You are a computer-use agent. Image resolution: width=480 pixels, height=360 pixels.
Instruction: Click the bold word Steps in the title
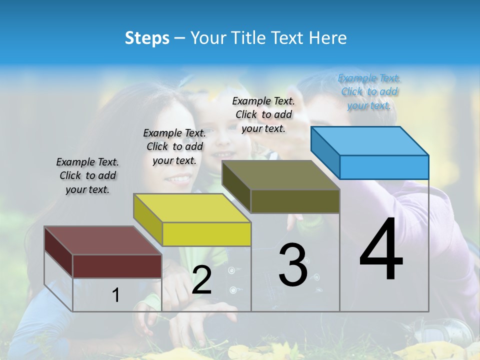147,38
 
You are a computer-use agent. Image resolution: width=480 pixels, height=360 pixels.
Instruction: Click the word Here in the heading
328,38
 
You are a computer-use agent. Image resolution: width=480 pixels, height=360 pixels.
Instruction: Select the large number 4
381,250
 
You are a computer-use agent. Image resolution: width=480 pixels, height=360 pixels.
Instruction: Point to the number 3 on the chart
293,265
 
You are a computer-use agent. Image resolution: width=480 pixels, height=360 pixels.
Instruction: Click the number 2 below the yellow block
201,280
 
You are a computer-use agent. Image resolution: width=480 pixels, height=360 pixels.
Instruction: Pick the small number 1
116,295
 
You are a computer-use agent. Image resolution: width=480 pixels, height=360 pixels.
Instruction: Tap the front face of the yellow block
206,234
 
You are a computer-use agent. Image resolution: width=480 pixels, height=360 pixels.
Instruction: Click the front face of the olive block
295,201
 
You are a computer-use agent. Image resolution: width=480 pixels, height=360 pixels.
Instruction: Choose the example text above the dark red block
87,175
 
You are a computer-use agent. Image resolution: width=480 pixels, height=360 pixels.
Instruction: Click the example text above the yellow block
174,146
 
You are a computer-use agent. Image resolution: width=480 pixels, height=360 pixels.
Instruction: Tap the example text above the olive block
263,114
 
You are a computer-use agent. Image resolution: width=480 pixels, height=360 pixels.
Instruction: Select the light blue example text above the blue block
369,91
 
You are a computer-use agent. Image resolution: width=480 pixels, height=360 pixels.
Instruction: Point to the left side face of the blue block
325,152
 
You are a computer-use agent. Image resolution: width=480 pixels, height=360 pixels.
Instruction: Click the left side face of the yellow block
148,220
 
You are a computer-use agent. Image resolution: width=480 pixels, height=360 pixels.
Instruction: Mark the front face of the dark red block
117,266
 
